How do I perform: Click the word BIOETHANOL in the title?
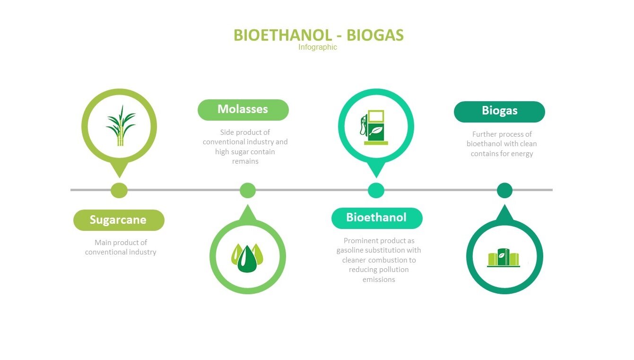pos(282,35)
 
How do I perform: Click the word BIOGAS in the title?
pos(375,35)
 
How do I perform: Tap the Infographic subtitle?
pos(318,47)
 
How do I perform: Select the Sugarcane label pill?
pos(119,220)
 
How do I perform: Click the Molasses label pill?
pos(243,110)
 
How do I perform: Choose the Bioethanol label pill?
pos(377,218)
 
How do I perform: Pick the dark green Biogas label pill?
pos(500,112)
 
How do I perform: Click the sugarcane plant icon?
pos(121,125)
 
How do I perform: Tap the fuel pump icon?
pos(374,127)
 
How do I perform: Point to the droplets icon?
pos(247,258)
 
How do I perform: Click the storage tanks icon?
pos(504,257)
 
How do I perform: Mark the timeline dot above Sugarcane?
pos(119,190)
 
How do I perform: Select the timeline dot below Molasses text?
pos(248,190)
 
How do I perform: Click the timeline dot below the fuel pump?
pos(376,190)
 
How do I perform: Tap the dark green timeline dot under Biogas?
pos(504,190)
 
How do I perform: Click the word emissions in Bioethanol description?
pos(379,280)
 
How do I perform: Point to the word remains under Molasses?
pos(245,161)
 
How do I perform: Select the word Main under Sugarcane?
pos(101,243)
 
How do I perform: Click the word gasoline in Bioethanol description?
pos(350,250)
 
